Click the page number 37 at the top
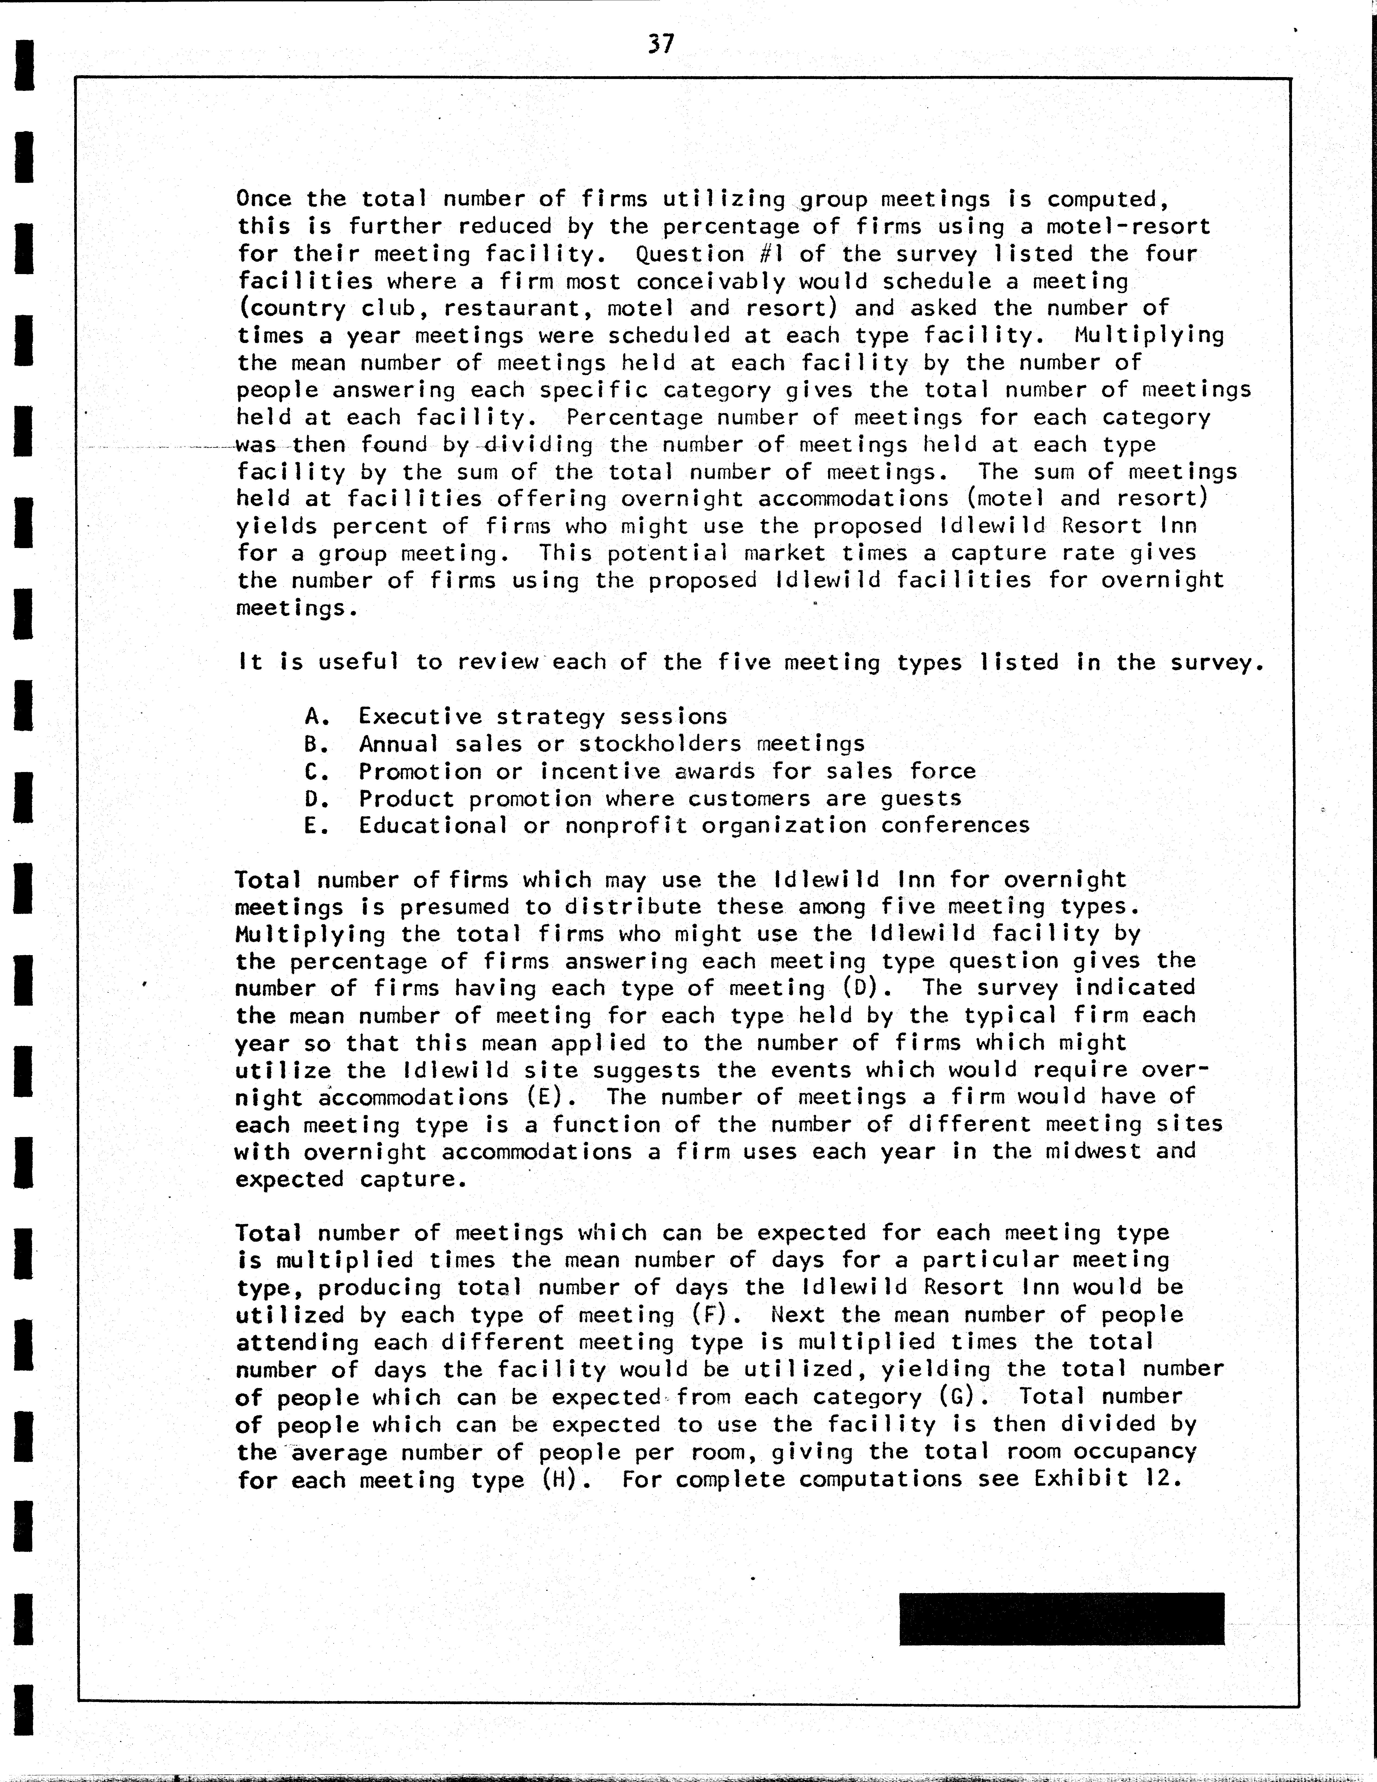pyautogui.click(x=660, y=43)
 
